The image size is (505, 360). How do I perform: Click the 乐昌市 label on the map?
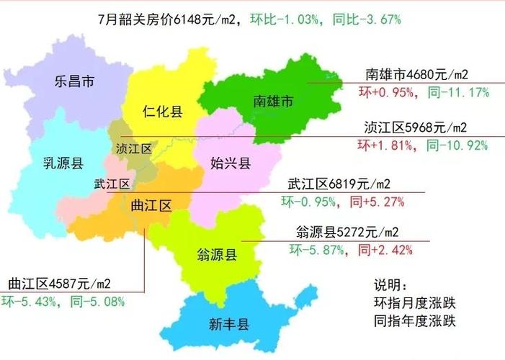tap(75, 81)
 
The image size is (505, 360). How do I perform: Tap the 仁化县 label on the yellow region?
tap(162, 112)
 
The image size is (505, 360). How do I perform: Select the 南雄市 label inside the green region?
tap(272, 102)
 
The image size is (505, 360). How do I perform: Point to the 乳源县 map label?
tap(63, 163)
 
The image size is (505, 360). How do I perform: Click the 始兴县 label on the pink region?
tap(231, 163)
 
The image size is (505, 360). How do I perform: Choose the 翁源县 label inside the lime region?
tap(218, 253)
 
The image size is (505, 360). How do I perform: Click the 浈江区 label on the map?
tap(134, 148)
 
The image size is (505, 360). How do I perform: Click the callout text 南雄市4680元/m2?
tap(417, 74)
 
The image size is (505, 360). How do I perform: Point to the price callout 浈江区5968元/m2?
tap(416, 128)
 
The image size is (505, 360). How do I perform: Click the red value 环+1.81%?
tap(385, 145)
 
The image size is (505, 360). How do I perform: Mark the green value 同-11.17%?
tap(458, 91)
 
